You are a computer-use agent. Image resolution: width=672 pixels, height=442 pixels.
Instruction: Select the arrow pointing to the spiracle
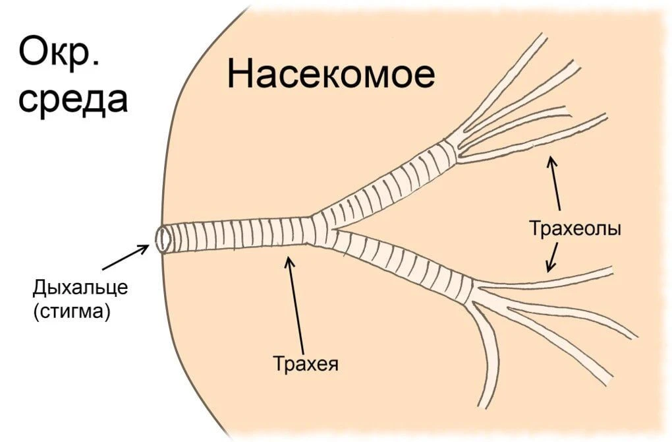(125, 257)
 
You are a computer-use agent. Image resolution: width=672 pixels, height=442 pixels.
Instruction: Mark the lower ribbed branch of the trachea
(402, 264)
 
